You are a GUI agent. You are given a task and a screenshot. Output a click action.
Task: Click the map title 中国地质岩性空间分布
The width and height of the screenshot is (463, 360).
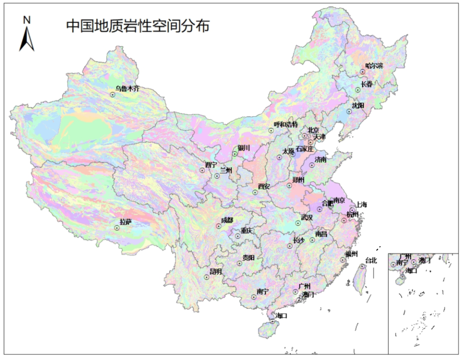138,26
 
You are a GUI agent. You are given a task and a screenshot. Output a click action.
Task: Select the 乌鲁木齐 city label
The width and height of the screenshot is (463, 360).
127,89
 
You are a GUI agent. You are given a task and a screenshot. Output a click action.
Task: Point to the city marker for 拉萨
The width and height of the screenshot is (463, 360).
117,228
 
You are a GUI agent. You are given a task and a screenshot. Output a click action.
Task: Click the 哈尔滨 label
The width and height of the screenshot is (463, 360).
374,66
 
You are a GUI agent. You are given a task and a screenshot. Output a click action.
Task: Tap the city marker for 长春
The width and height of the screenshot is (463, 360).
358,90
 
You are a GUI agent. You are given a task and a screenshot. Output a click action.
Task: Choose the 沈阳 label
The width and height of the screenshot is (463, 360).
358,105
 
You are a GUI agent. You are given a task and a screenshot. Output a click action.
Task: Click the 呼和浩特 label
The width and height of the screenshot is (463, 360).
286,125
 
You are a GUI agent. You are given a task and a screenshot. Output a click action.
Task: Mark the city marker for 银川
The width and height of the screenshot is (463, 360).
235,154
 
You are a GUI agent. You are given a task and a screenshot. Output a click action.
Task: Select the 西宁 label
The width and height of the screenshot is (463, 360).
211,165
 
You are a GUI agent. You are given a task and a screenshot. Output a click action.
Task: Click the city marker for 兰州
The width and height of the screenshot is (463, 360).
217,176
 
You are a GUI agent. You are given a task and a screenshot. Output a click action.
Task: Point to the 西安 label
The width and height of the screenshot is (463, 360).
264,186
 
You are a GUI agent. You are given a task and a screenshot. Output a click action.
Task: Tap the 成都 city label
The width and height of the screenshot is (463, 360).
227,220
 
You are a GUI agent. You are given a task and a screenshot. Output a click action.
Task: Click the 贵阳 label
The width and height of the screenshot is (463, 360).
249,257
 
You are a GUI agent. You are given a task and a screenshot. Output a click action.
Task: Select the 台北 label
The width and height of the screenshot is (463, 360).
371,260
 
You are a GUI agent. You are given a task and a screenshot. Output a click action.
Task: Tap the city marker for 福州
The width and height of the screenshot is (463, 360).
343,259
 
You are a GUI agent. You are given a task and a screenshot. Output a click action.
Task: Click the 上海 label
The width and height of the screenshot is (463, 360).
362,204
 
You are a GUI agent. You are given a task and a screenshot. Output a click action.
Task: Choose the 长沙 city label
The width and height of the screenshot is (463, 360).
299,240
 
